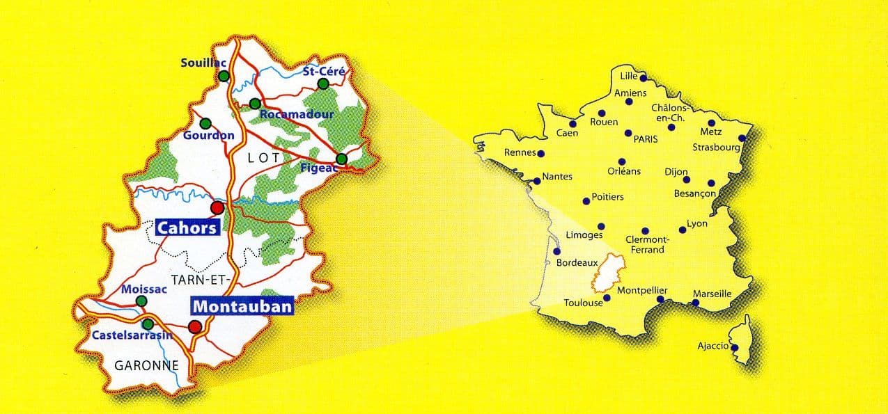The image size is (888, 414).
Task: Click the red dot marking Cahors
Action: [x=217, y=207]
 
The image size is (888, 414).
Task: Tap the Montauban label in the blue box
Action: [x=242, y=306]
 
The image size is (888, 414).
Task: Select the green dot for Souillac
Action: [x=224, y=77]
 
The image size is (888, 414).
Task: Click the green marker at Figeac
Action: [x=341, y=159]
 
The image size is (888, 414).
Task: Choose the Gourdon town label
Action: [x=208, y=135]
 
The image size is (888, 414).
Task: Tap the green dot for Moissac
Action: [x=141, y=301]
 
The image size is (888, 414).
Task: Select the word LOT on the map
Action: [x=264, y=158]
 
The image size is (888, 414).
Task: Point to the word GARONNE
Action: [x=147, y=365]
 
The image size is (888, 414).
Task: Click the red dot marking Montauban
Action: [x=196, y=326]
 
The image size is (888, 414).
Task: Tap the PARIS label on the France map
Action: [x=646, y=139]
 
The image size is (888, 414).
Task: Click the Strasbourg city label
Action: [x=716, y=148]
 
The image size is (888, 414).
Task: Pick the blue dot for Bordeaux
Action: [x=556, y=252]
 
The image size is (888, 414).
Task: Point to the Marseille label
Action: [x=712, y=294]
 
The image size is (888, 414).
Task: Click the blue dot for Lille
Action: [x=643, y=78]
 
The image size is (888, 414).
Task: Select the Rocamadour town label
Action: [x=296, y=114]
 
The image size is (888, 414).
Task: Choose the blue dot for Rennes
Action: [x=541, y=154]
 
